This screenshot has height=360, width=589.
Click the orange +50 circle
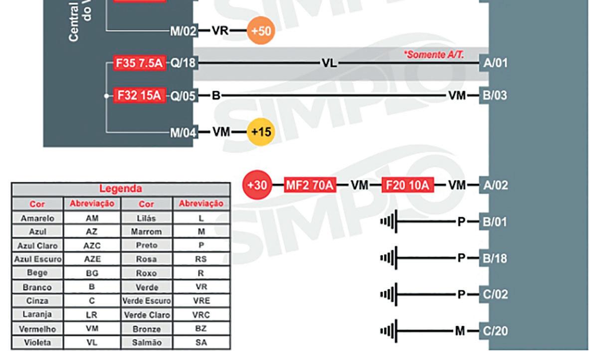click(261, 31)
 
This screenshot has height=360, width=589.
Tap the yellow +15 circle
click(261, 132)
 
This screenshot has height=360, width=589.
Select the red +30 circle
click(257, 185)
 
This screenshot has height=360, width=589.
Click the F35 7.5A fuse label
click(140, 63)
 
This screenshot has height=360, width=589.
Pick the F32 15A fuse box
click(140, 95)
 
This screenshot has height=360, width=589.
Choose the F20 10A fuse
click(407, 185)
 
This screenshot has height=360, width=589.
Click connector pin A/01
click(495, 63)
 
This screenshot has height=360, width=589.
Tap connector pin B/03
click(495, 95)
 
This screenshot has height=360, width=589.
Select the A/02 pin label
click(495, 185)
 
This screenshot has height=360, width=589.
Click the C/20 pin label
click(495, 331)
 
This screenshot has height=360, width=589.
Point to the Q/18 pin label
click(182, 63)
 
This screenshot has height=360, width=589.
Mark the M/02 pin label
click(182, 31)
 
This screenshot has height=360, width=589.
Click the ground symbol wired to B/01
click(389, 221)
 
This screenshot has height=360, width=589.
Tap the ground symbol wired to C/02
click(389, 294)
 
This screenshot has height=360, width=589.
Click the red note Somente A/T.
click(434, 54)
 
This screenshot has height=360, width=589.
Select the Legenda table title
click(121, 189)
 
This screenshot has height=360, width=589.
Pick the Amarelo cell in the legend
click(37, 218)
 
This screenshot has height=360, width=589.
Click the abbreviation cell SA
click(200, 343)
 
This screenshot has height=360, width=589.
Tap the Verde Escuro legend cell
click(147, 301)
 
